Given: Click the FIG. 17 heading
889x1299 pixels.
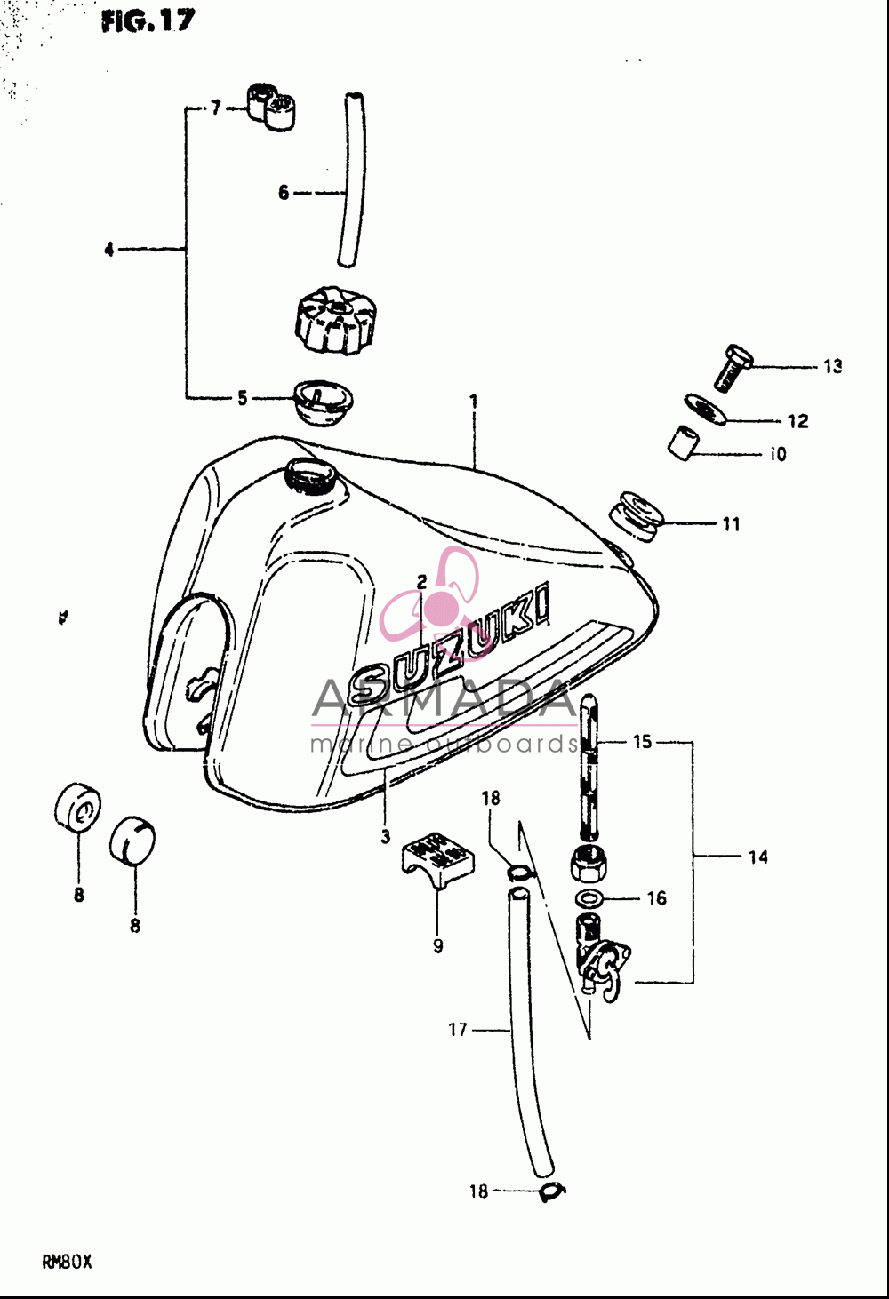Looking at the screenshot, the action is (148, 21).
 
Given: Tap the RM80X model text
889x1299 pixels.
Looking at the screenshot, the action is (67, 1262).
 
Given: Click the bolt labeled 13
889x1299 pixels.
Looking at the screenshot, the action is (733, 368).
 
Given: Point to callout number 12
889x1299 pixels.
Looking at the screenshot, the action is (798, 420).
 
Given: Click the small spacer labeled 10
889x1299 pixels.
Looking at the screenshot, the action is (682, 443).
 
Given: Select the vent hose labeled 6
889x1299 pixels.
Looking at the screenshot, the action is (352, 179).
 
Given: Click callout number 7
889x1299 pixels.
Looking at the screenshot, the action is (216, 108).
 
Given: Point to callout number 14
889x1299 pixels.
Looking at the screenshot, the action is (757, 857).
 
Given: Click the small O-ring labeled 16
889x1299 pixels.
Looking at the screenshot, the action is (590, 898).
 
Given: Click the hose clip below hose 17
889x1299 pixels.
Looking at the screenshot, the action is (552, 1191).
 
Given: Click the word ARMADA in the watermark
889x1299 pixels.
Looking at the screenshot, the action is (444, 698).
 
